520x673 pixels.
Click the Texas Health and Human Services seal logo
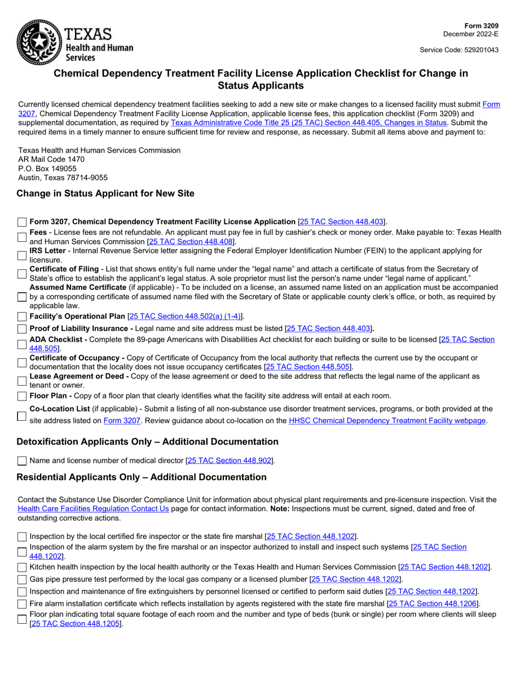[39, 42]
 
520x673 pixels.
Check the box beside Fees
[22, 237]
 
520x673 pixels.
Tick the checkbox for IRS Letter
[22, 256]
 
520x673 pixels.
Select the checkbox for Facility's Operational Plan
[22, 317]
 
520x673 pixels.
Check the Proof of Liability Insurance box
[22, 329]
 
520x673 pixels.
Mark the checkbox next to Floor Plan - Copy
[22, 396]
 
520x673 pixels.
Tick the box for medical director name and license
[22, 461]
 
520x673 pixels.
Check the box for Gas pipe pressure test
[22, 579]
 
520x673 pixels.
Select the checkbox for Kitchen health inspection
[22, 567]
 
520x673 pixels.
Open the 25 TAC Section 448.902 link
[230, 461]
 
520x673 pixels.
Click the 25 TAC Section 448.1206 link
[434, 604]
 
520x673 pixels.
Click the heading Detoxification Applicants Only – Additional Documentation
[147, 442]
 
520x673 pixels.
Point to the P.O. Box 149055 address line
[48, 169]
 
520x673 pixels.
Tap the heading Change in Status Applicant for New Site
[105, 193]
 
